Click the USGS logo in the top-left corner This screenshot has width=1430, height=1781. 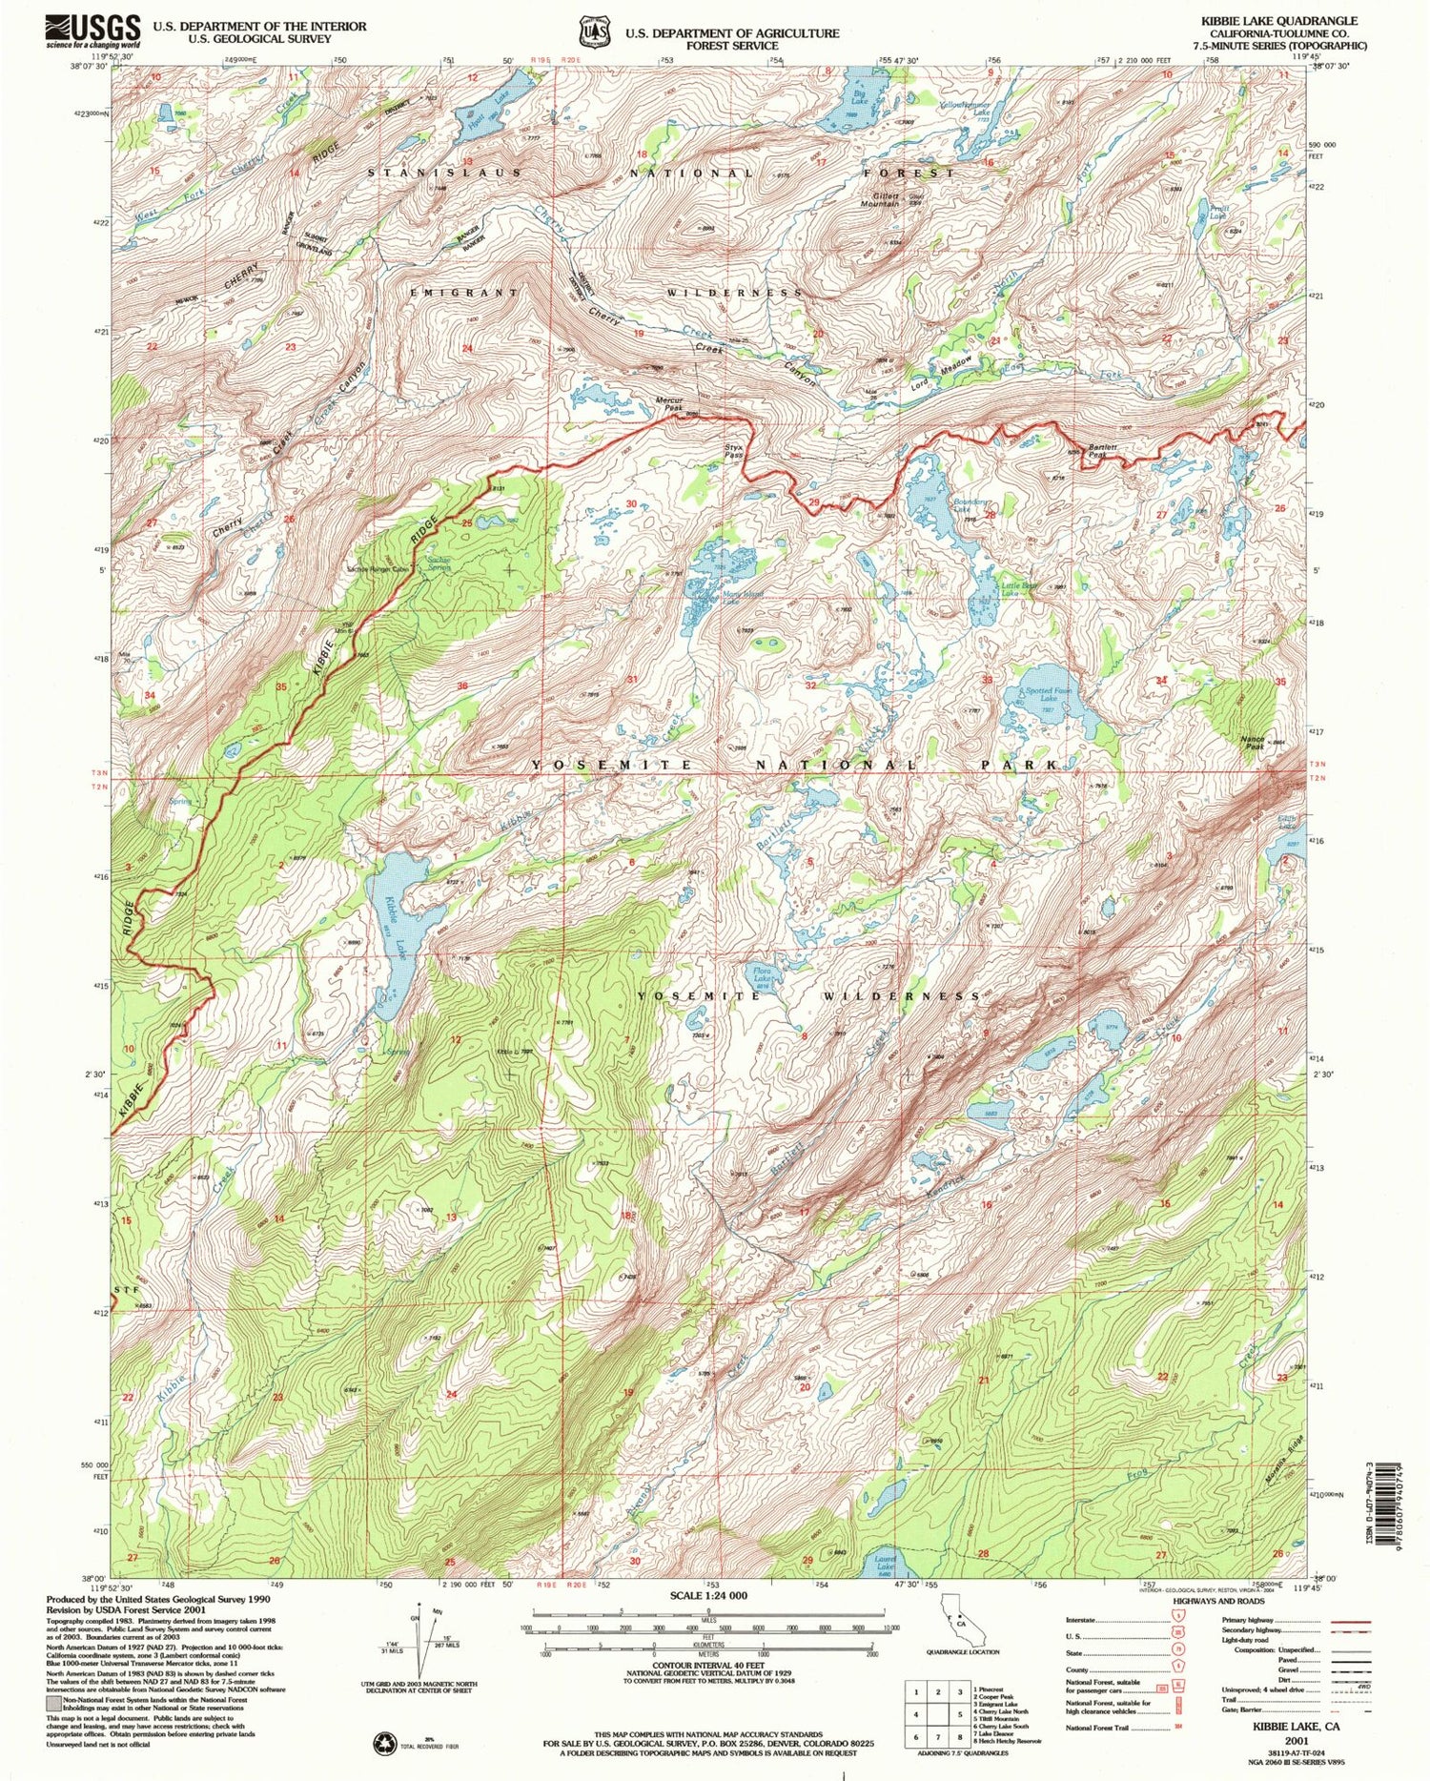[92, 31]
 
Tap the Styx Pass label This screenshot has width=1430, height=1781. [733, 451]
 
